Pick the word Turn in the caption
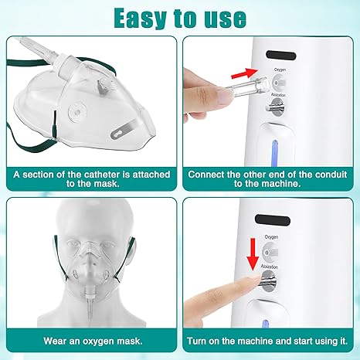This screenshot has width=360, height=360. coord(200,341)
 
